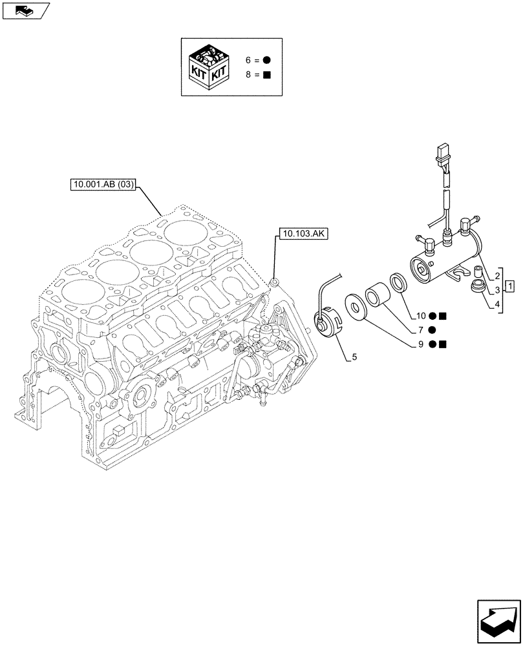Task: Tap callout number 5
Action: click(354, 356)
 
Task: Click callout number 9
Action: click(420, 344)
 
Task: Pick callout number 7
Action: click(420, 330)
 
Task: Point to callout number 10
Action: click(420, 316)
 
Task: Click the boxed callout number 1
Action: click(509, 286)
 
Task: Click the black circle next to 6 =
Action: click(266, 59)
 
